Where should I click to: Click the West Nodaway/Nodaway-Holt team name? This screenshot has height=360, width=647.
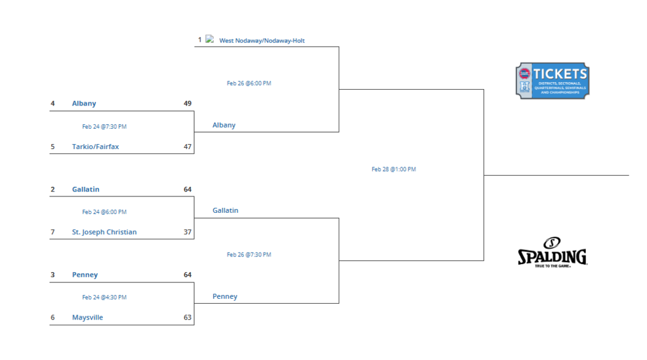point(262,41)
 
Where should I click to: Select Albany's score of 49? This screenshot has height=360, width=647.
point(187,104)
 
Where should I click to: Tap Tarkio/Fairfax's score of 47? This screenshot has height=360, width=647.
point(187,147)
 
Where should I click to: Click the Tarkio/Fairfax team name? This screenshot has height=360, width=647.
point(95,147)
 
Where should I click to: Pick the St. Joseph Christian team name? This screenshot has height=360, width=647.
point(104,232)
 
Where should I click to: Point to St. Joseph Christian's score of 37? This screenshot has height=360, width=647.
point(187,232)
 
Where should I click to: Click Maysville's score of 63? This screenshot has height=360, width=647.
point(187,318)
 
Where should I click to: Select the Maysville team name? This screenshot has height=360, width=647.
point(87,318)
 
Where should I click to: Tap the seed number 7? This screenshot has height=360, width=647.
point(53,232)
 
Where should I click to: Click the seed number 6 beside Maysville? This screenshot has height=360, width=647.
point(53,318)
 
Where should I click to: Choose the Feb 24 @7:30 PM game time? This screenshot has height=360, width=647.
point(104,126)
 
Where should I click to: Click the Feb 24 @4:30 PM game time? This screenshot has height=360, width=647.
point(104,297)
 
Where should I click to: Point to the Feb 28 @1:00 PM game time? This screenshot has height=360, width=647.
point(394,169)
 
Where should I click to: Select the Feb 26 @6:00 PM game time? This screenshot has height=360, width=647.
point(249,83)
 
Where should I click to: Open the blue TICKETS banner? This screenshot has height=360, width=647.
point(552,80)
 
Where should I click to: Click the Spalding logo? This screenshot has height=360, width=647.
point(552,253)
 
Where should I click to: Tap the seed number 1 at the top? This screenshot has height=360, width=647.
point(200,40)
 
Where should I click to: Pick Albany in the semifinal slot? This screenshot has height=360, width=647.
point(224,125)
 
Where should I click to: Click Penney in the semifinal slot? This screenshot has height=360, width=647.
point(225,296)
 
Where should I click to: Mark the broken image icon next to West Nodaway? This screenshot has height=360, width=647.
point(209,39)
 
